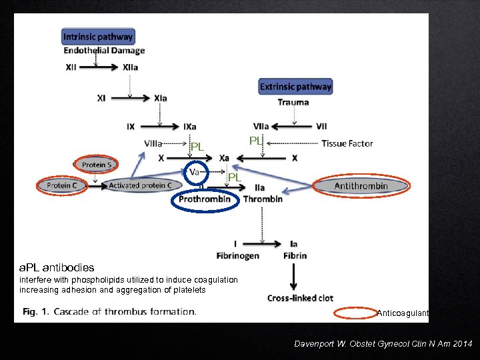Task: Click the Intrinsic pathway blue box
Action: [x=98, y=37]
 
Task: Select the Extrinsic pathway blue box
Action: [x=295, y=87]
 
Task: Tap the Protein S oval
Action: [x=97, y=164]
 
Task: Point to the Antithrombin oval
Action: [x=361, y=186]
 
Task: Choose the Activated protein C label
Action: [x=140, y=185]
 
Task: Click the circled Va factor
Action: [x=195, y=172]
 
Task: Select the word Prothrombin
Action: [x=205, y=199]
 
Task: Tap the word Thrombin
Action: [x=263, y=199]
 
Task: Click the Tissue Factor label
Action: [x=347, y=143]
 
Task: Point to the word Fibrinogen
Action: [x=237, y=255]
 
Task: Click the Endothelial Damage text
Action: [x=104, y=51]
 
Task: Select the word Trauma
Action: [x=293, y=102]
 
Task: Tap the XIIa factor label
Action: [x=131, y=67]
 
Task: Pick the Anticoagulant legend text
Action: [x=403, y=313]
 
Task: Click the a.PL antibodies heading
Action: [x=57, y=268]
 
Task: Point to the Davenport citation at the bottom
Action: [x=383, y=343]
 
